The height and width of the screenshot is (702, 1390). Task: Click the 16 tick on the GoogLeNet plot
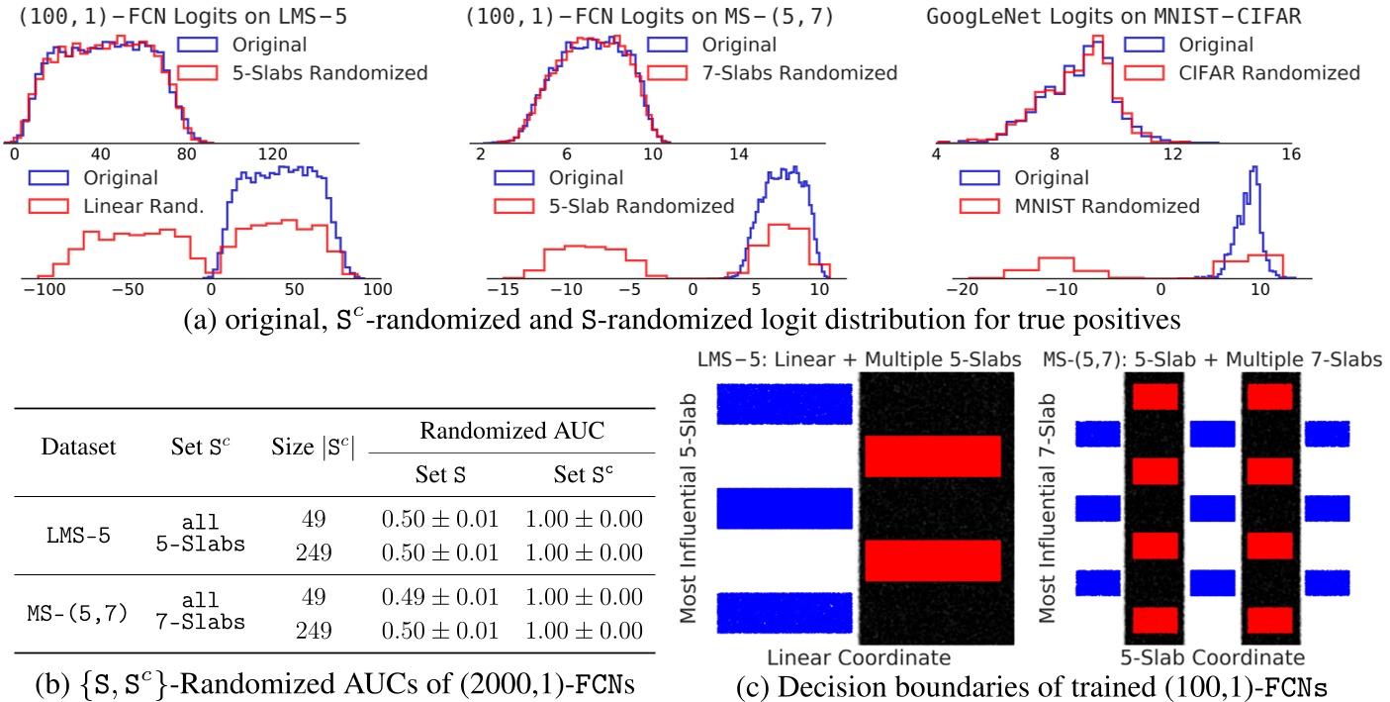(x=1289, y=154)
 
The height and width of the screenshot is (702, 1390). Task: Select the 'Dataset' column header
(x=78, y=447)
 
